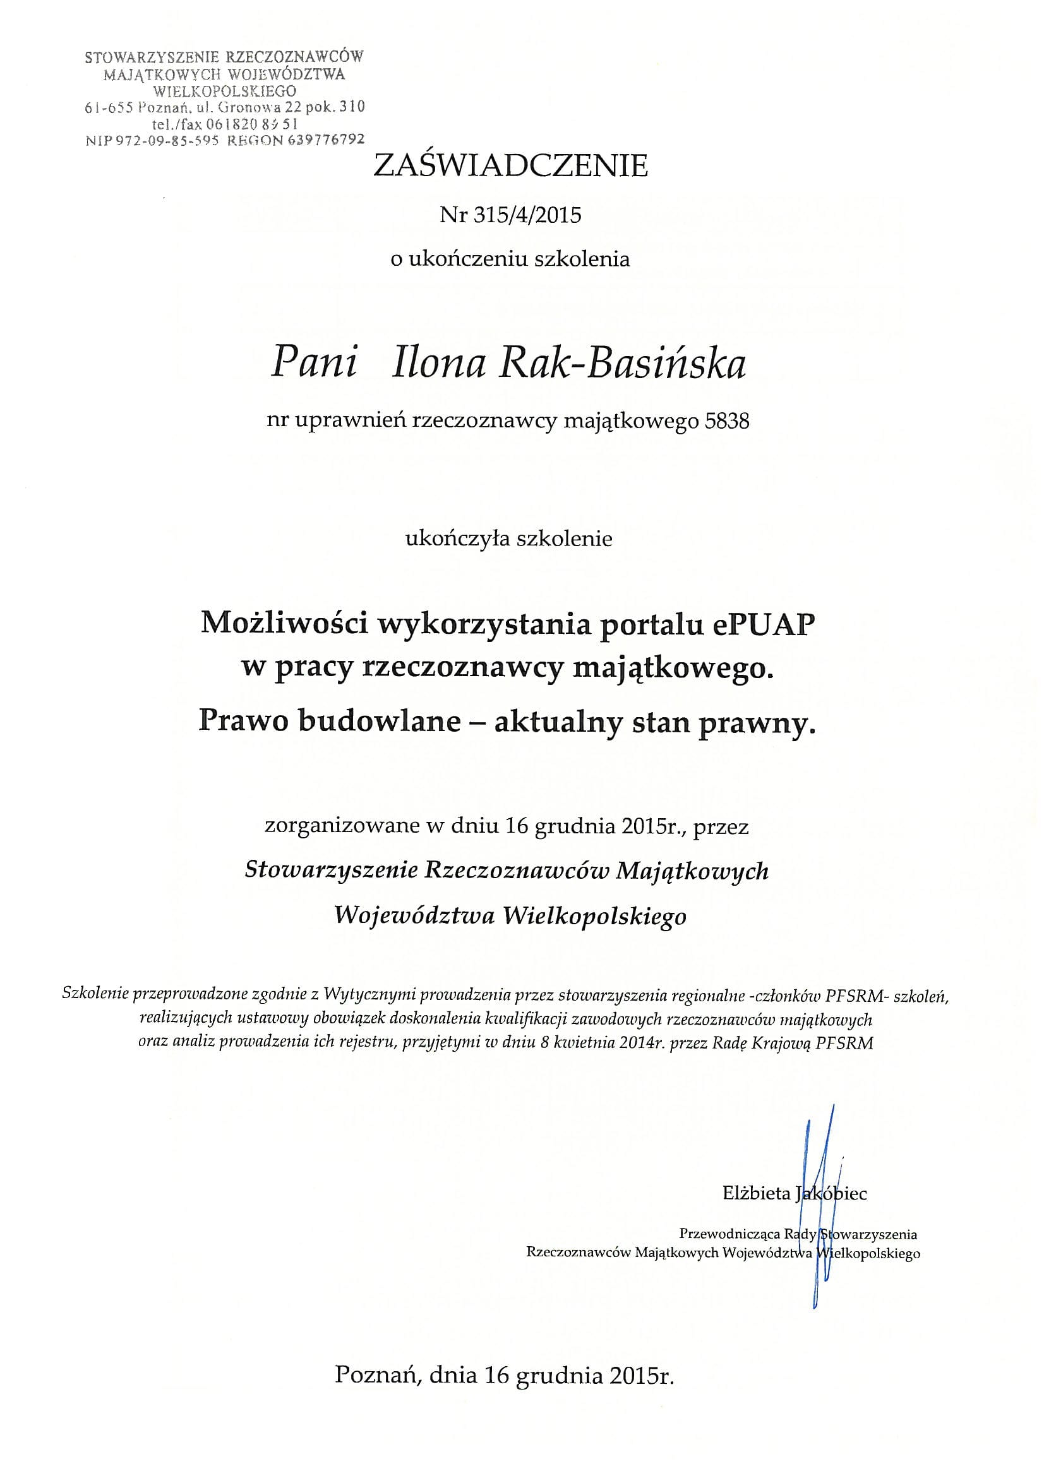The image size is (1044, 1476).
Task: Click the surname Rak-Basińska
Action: click(x=623, y=364)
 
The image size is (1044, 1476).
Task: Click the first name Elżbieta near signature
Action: click(x=757, y=1194)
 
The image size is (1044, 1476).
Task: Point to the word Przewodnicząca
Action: click(x=729, y=1234)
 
